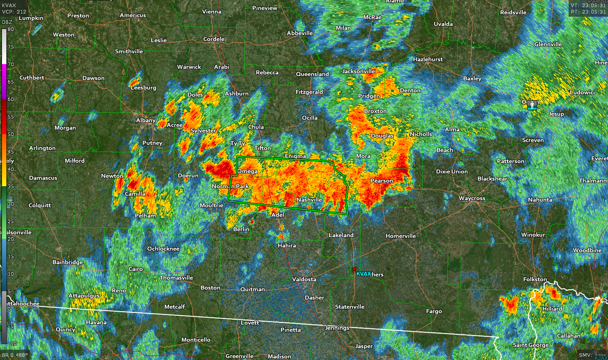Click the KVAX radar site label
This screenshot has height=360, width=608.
click(x=364, y=274)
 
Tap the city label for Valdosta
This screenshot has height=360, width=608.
click(x=304, y=279)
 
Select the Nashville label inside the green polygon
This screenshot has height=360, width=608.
click(x=309, y=200)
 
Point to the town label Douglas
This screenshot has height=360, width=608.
click(x=382, y=136)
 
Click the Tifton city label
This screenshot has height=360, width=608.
click(x=262, y=148)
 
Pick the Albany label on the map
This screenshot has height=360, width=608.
click(x=146, y=120)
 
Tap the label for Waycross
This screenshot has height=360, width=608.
click(x=472, y=198)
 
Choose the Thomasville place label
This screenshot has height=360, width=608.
click(x=176, y=278)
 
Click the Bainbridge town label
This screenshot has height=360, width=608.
click(x=68, y=262)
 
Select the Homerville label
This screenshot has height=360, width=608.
click(x=400, y=236)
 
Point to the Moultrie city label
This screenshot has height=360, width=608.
click(x=211, y=205)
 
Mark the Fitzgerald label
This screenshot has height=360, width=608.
click(x=309, y=92)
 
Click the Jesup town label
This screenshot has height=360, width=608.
click(x=556, y=114)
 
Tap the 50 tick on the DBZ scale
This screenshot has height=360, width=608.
click(x=11, y=134)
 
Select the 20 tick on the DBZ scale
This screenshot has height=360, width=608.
click(x=11, y=239)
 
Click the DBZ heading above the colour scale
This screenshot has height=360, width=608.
click(x=7, y=22)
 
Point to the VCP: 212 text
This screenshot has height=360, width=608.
click(x=14, y=12)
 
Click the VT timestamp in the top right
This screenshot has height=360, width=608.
click(x=588, y=6)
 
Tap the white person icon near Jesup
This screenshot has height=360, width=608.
click(x=532, y=105)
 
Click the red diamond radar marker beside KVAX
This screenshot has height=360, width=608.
click(x=354, y=269)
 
